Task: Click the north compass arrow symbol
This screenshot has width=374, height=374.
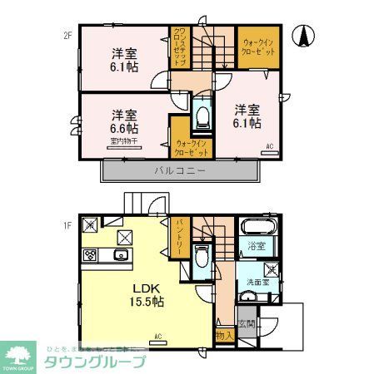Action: pyautogui.click(x=306, y=37)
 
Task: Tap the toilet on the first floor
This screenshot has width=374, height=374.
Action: pyautogui.click(x=200, y=255)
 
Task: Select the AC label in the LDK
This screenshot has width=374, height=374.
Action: pyautogui.click(x=157, y=337)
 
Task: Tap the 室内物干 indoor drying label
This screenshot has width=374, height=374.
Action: pyautogui.click(x=122, y=142)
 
